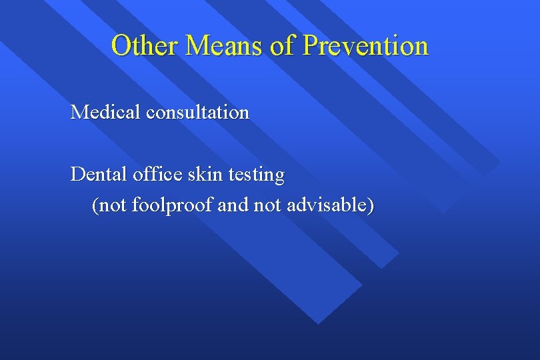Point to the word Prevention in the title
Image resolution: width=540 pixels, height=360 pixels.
(365, 46)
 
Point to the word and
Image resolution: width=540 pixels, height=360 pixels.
(233, 205)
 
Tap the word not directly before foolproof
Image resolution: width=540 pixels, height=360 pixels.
(114, 205)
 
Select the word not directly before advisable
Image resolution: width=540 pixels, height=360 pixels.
(267, 205)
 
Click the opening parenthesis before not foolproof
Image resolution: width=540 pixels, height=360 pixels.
(95, 205)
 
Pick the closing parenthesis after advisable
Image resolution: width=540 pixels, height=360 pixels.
(370, 205)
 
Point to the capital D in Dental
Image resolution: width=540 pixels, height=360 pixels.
(77, 175)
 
